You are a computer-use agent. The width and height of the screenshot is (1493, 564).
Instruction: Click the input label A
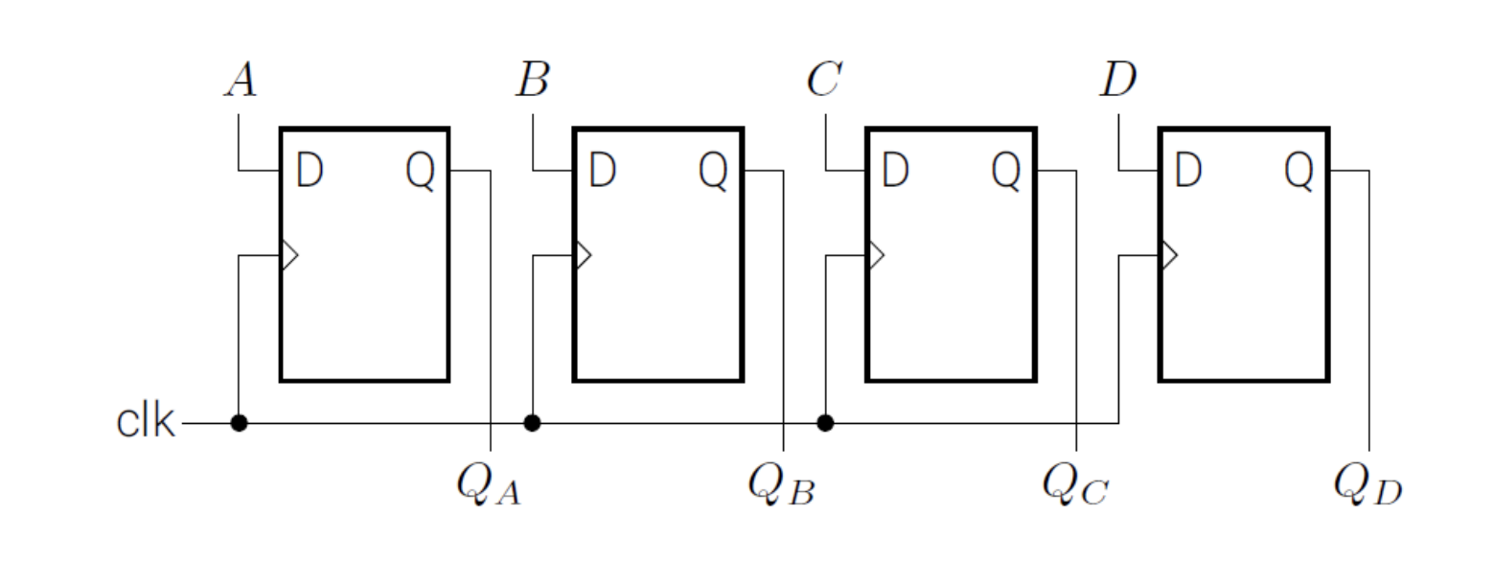coord(241,80)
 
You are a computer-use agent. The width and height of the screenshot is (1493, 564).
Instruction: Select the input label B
coord(533,80)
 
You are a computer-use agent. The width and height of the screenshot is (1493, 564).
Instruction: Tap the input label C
coord(824,80)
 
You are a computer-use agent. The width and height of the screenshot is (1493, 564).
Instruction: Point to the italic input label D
coord(1118,80)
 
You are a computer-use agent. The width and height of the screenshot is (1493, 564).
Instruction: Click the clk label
coord(146,421)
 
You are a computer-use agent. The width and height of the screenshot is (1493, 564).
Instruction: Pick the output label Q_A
coord(489,483)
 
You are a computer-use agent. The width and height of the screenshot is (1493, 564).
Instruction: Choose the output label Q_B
coord(781,483)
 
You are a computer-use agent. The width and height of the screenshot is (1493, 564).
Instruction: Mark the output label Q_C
coord(1075,483)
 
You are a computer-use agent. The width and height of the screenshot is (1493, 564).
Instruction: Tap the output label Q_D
coord(1367,483)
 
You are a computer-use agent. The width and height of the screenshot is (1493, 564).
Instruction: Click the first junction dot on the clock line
coord(239,422)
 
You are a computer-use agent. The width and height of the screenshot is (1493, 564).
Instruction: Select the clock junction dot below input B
coord(532,422)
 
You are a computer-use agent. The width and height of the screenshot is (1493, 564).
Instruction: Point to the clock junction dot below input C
coord(825,422)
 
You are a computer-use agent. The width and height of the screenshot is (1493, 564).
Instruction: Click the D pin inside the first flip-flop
coord(310,170)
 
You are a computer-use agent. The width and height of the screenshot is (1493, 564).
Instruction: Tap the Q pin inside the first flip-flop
coord(421,171)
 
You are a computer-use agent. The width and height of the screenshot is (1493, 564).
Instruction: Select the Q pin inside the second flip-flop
coord(713,171)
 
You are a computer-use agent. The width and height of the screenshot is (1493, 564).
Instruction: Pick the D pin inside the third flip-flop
coord(895,170)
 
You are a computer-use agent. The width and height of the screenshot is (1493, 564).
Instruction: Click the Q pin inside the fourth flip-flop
coord(1299,171)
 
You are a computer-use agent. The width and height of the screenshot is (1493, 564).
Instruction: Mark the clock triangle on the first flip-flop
coord(288,255)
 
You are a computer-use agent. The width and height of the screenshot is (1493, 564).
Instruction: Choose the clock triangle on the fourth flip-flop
coord(1168,255)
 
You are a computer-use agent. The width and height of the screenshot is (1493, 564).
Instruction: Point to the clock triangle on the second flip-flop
coord(582,255)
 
